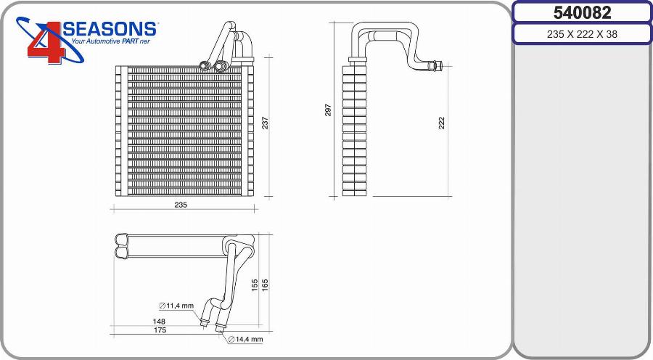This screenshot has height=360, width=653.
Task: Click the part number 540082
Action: (582, 13)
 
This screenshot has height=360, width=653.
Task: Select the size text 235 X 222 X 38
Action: (582, 34)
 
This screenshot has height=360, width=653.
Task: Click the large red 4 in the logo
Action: (46, 43)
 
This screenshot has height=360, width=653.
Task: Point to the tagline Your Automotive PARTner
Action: (110, 41)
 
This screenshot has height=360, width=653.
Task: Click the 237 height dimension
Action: (266, 123)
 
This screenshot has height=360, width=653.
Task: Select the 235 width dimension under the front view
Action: (181, 205)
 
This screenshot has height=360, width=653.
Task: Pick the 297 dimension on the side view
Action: (328, 110)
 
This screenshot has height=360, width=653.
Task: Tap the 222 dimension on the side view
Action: (441, 123)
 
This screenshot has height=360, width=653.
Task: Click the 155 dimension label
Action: (255, 285)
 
